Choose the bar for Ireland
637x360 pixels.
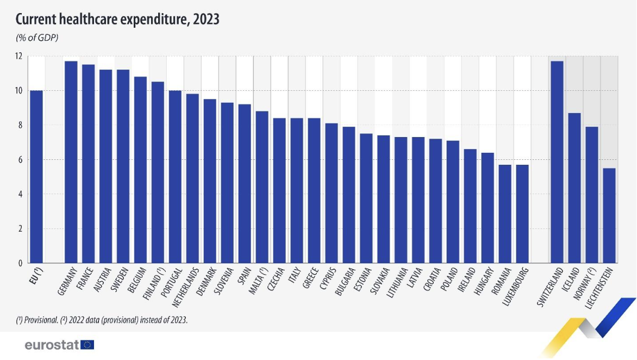tap(470, 206)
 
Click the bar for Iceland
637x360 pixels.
tap(574, 188)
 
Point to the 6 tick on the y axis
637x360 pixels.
tap(20, 160)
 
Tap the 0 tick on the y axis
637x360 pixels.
tap(20, 263)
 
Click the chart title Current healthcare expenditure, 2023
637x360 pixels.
tap(117, 20)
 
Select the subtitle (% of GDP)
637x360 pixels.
tap(36, 38)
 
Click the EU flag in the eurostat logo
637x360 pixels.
tap(88, 344)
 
